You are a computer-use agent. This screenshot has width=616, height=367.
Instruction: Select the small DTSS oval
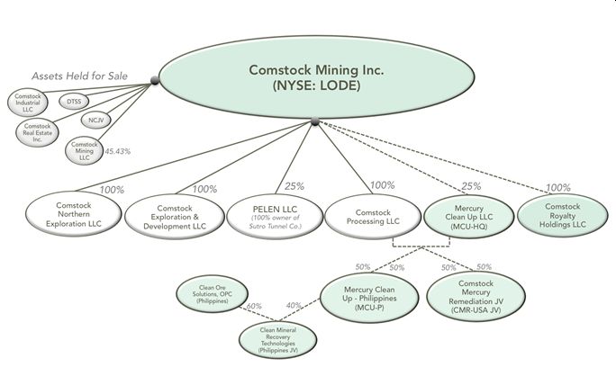pos(74,102)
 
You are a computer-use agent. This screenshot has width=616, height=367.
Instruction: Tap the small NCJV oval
pos(95,119)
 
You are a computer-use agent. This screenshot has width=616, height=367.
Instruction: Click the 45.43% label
pos(116,151)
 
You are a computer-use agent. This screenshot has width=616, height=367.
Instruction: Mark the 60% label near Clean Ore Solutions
pos(253,307)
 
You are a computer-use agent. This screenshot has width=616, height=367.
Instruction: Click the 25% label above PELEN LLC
pos(294,186)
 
